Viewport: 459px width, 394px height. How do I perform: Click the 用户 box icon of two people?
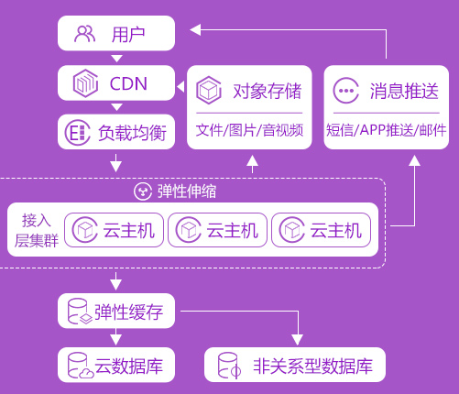tap(84, 34)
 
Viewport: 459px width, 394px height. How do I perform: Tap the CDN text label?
tap(128, 83)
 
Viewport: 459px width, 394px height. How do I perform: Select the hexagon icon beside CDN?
tap(85, 83)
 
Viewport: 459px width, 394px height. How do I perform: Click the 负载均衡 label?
tap(132, 133)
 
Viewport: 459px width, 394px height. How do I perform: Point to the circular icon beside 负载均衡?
tap(78, 133)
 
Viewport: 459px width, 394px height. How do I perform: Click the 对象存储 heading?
tap(268, 91)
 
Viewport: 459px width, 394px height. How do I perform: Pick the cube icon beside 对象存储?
tap(209, 91)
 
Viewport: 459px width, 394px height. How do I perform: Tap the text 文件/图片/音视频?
tap(249, 130)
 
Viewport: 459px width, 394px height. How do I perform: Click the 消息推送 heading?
tap(404, 91)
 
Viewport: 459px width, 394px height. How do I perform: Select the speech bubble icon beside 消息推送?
tap(345, 91)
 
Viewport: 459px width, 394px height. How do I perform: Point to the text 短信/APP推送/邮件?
tap(387, 130)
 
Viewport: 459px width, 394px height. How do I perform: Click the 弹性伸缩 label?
tap(187, 192)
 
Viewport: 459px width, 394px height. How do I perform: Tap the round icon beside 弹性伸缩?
tap(143, 192)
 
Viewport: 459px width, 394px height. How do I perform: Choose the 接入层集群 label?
tap(37, 230)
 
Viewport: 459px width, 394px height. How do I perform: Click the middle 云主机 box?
tap(217, 230)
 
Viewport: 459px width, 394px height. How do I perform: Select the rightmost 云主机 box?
tap(321, 230)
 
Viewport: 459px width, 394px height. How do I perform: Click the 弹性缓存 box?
tap(116, 311)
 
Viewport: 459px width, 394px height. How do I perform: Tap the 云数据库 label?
tap(128, 366)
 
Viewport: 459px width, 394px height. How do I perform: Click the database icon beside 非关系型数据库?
tap(229, 366)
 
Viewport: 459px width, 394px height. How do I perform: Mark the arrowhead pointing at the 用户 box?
tap(195, 30)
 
